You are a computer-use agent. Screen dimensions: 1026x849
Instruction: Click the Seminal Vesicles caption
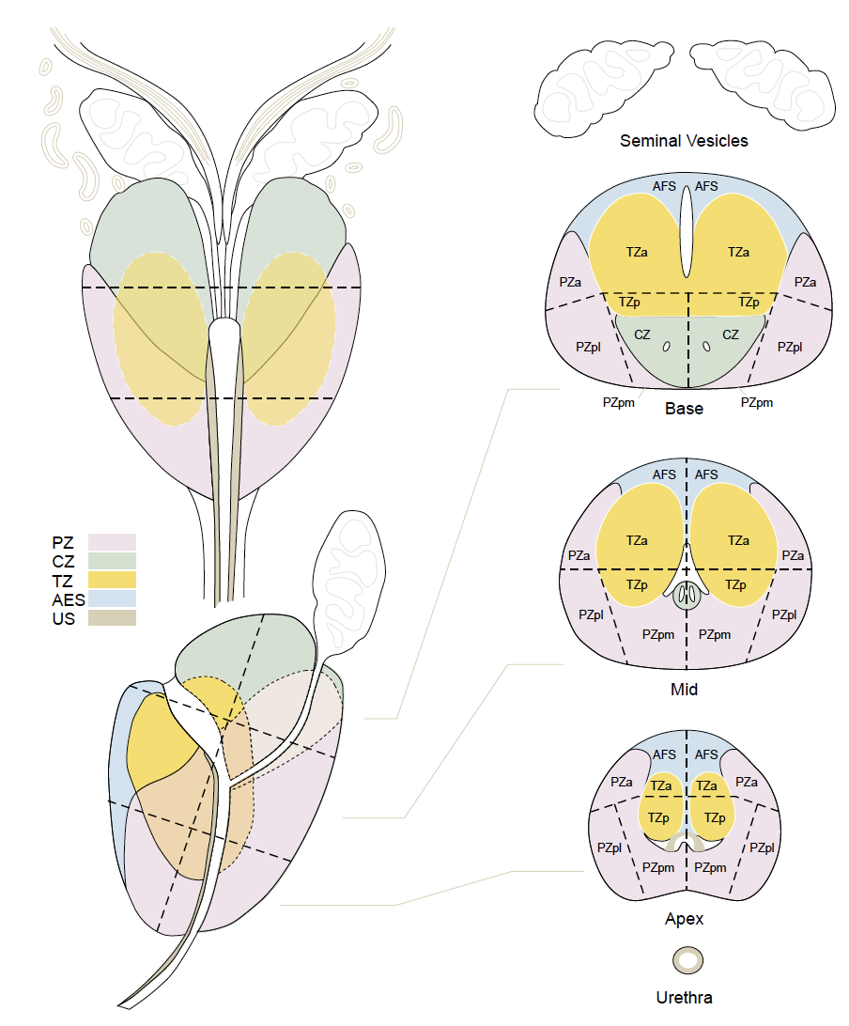[x=684, y=141]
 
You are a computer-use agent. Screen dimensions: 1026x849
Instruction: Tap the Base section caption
[x=684, y=409]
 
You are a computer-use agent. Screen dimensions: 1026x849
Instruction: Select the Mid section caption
[x=684, y=689]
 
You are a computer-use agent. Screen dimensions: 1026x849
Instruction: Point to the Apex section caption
[x=684, y=919]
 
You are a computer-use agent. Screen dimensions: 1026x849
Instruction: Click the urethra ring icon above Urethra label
[x=688, y=960]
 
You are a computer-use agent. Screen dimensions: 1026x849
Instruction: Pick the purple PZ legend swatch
[x=112, y=542]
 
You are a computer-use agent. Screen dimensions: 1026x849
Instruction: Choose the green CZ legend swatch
[x=112, y=561]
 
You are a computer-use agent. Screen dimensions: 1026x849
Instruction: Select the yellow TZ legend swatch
[x=112, y=580]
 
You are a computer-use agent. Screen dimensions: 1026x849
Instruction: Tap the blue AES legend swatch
[x=112, y=598]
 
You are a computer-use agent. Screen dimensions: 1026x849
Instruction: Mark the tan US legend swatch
[x=112, y=617]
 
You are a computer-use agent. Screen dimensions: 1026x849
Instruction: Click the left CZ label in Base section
[x=642, y=334]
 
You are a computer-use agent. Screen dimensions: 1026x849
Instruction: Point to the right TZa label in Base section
[x=738, y=252]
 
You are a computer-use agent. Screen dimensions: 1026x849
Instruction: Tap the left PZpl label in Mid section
[x=591, y=614]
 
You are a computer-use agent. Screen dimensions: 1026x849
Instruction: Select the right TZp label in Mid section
[x=734, y=584]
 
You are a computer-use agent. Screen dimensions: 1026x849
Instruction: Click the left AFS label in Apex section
[x=664, y=754]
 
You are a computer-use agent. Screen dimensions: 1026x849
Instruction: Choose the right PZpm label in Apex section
[x=711, y=865]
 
